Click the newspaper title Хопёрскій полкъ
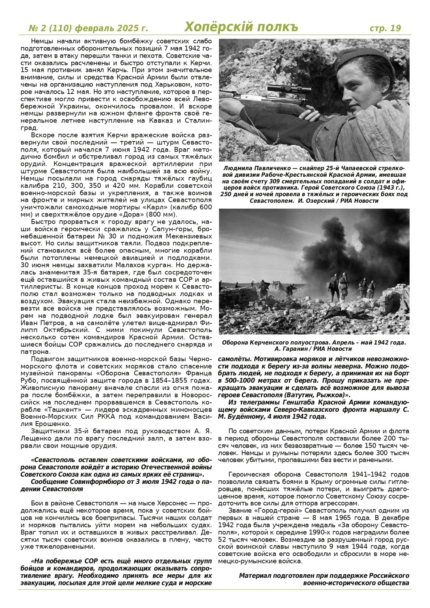[241, 27]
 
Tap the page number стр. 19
[385, 28]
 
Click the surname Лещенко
[45, 439]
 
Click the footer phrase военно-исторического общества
[356, 583]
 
